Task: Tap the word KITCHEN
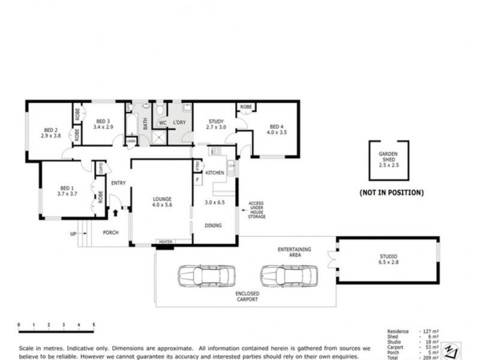(215, 173)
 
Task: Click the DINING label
(213, 226)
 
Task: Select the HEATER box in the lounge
(165, 242)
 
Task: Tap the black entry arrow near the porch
(115, 212)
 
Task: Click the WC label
(162, 123)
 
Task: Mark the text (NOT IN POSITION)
(391, 193)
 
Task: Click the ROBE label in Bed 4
(245, 107)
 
